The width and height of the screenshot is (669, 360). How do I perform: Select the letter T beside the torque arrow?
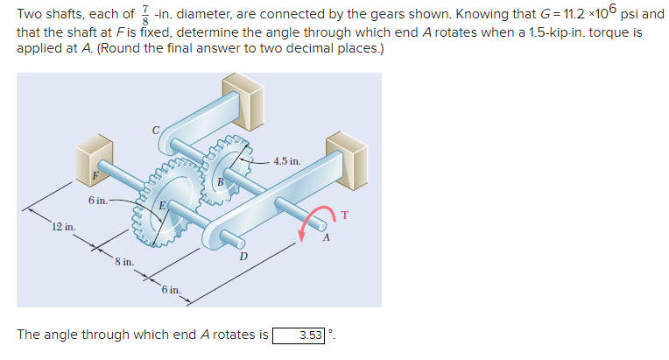pos(344,213)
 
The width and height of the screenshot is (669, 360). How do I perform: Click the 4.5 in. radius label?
pos(286,161)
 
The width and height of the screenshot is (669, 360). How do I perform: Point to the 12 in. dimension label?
pos(62,227)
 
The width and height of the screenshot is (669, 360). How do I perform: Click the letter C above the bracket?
pos(156,130)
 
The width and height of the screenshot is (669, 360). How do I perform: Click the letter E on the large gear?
pos(163,206)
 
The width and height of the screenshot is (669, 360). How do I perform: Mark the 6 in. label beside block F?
pos(97,201)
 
